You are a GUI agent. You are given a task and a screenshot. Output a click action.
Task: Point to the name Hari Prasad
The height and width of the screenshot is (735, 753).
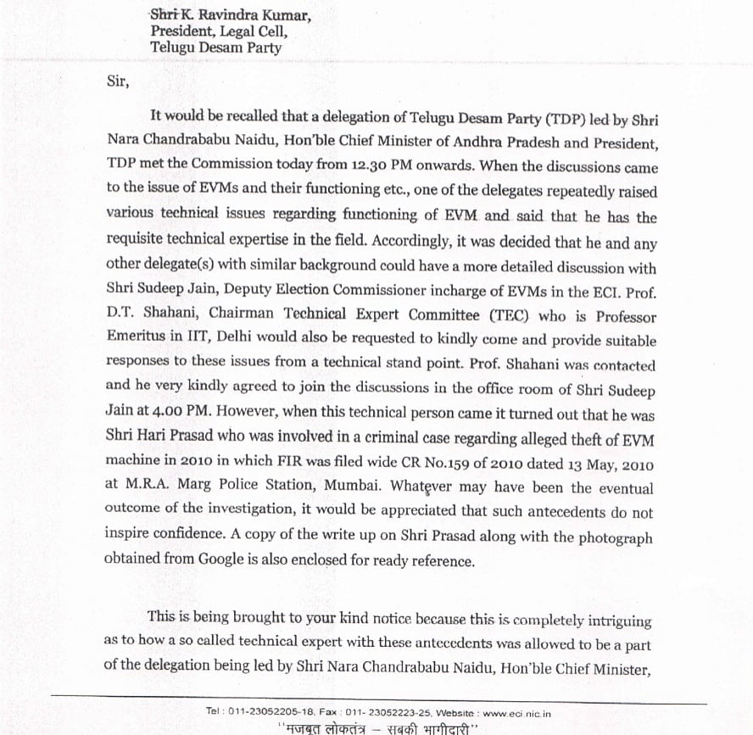pyautogui.click(x=185, y=441)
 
